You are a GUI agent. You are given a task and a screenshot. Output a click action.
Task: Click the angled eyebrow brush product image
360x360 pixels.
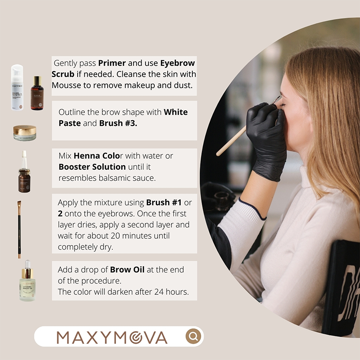pyautogui.click(x=19, y=228)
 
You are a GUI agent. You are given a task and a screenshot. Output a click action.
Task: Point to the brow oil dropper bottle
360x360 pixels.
pyautogui.click(x=26, y=282)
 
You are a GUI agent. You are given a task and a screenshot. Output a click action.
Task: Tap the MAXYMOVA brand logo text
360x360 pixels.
pyautogui.click(x=112, y=337)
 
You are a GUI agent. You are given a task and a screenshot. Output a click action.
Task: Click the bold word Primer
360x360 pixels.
pyautogui.click(x=112, y=63)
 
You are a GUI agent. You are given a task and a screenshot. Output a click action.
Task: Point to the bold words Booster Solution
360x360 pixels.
pyautogui.click(x=92, y=166)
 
